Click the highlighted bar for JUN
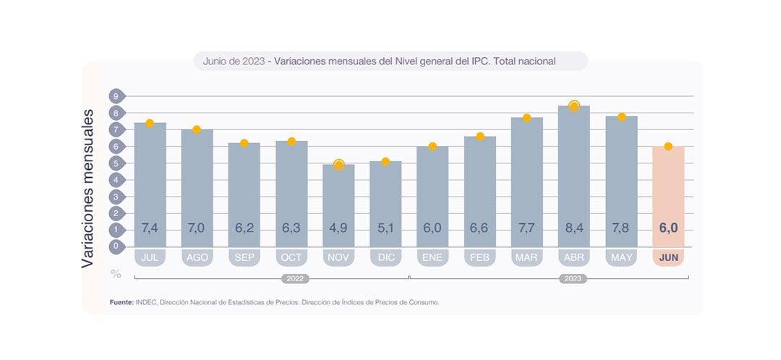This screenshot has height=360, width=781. [668, 195]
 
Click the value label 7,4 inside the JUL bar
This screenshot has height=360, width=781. [150, 228]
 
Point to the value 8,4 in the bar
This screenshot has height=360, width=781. [573, 228]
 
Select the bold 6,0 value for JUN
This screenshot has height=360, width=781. [668, 228]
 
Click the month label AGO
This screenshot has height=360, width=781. [197, 257]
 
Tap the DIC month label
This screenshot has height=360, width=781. [385, 257]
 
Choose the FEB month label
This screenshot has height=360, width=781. [479, 257]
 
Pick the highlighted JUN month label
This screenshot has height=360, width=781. [668, 257]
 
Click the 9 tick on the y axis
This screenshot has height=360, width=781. [114, 96]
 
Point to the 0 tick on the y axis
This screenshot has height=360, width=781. [114, 247]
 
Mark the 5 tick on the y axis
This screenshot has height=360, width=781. [114, 163]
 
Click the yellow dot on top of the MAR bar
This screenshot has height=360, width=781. [526, 118]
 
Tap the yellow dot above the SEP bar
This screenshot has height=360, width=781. [244, 143]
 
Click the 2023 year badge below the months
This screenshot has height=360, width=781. [573, 278]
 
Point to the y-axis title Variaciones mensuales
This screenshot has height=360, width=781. [88, 189]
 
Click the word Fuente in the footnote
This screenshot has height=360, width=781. [121, 302]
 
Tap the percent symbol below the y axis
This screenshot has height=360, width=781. [116, 274]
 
